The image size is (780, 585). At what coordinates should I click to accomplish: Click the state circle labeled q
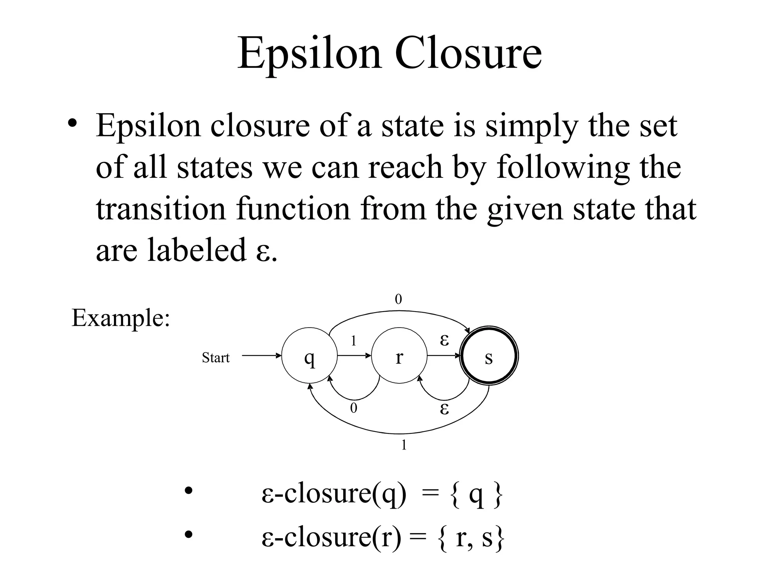[x=309, y=356]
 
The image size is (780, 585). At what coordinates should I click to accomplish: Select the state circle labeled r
[x=399, y=356]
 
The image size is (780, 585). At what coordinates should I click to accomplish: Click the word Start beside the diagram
[x=216, y=358]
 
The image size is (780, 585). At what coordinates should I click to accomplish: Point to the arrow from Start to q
[x=261, y=356]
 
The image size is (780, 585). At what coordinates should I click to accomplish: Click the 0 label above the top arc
[x=398, y=300]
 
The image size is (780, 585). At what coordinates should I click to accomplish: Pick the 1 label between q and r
[x=353, y=341]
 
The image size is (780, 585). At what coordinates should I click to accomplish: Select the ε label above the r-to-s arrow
[x=444, y=340]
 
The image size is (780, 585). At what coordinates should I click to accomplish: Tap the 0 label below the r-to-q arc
[x=354, y=408]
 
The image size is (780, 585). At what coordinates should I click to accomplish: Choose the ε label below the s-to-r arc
[x=444, y=409]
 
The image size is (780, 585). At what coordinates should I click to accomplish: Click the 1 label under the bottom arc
[x=404, y=445]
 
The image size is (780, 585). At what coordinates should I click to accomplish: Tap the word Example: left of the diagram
[x=120, y=318]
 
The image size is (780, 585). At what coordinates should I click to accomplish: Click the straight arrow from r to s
[x=443, y=356]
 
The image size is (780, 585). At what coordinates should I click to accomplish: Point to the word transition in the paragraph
[x=161, y=209]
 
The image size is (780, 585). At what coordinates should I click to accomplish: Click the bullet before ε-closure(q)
[x=189, y=491]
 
